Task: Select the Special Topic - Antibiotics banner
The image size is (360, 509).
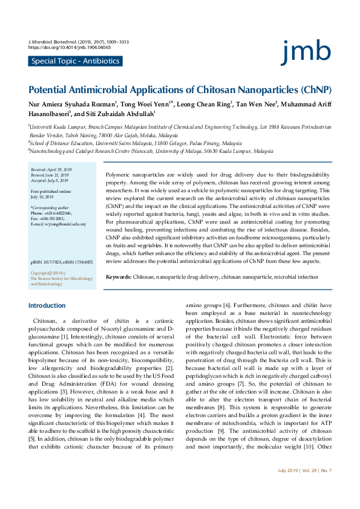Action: [75, 61]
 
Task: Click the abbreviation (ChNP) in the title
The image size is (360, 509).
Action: [315, 89]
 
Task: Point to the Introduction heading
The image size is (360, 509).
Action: [47, 306]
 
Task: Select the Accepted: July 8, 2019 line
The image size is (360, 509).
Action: [49, 180]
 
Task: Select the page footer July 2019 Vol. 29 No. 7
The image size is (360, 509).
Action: [304, 487]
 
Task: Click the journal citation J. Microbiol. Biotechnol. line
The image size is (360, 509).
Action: [79, 41]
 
